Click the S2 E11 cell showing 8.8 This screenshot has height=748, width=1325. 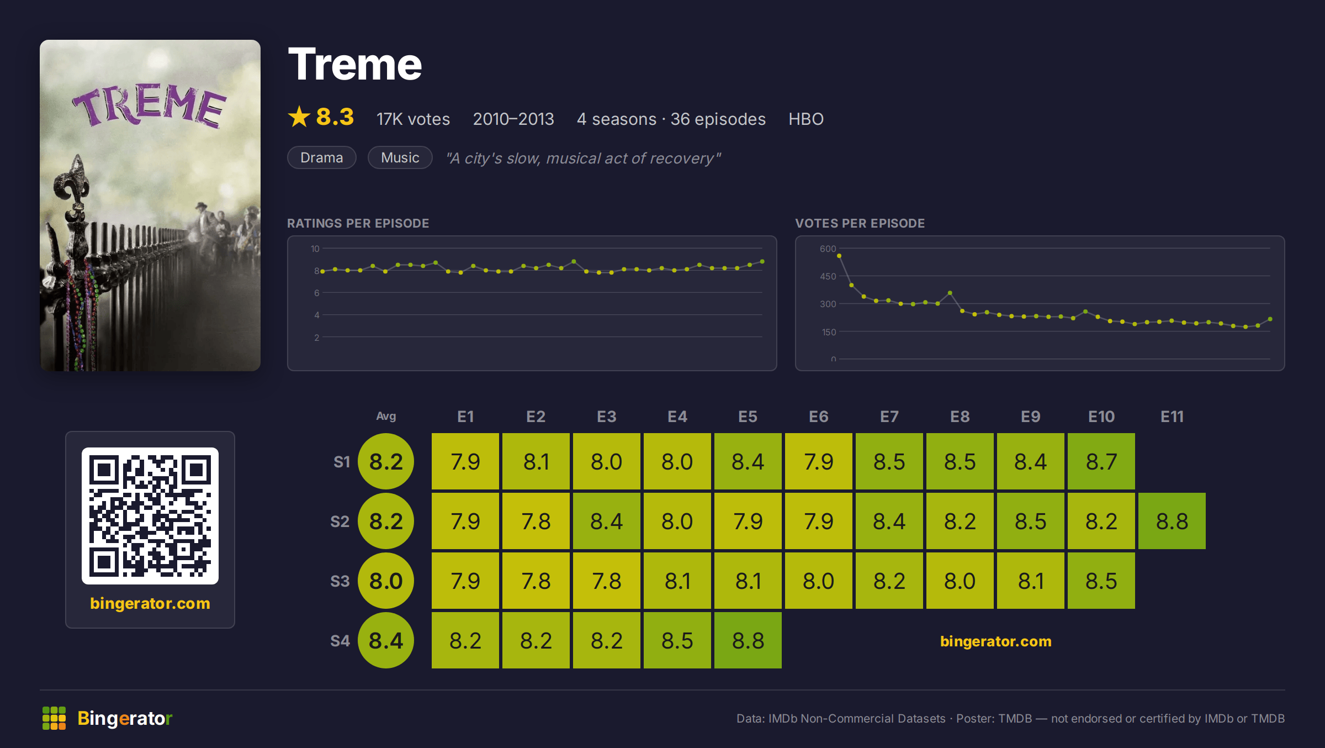tap(1172, 521)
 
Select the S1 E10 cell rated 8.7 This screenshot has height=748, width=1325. tap(1101, 461)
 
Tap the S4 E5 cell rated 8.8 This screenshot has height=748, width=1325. tap(748, 640)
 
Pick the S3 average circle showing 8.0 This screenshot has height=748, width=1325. tap(386, 581)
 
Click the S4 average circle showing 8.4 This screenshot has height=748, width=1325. tap(386, 640)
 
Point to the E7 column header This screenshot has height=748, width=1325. tap(889, 417)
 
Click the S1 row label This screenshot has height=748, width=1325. tap(342, 462)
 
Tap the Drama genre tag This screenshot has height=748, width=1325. tap(322, 157)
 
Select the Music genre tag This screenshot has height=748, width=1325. tap(400, 157)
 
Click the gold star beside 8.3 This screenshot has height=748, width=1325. tap(299, 117)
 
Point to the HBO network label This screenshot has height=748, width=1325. tap(805, 119)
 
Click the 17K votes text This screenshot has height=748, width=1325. tap(413, 119)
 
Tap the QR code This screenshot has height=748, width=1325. tap(150, 516)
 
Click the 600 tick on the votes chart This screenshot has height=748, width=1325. tap(828, 249)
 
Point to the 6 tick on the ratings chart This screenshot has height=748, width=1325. tap(316, 293)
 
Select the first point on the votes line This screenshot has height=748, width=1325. tap(839, 256)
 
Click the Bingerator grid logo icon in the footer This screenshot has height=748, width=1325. tap(54, 718)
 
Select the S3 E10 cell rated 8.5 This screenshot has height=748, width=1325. tap(1101, 581)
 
